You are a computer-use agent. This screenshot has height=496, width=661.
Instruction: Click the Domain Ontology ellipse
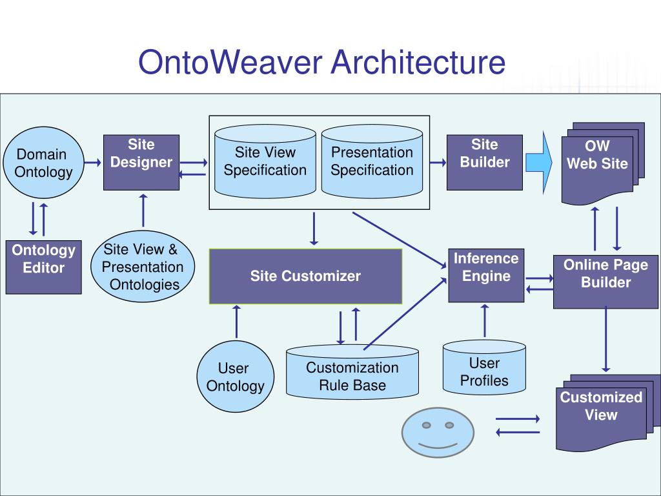43,162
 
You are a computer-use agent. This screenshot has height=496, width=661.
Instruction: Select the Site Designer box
141,162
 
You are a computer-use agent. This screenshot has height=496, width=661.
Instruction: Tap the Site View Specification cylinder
265,161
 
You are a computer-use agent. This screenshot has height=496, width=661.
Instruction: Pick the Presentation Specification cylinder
372,161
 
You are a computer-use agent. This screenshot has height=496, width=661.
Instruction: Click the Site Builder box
484,162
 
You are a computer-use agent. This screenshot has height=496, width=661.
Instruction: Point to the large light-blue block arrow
539,162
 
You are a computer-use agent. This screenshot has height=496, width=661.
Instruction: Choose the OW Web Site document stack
603,163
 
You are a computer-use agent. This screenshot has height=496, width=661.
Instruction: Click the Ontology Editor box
43,267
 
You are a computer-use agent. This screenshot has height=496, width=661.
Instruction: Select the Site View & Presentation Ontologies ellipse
143,266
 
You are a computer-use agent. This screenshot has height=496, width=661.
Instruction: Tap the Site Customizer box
305,276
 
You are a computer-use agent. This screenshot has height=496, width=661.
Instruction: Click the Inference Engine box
486,275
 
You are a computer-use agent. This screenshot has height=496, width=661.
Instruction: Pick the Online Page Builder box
605,282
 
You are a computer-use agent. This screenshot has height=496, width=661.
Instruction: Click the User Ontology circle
235,377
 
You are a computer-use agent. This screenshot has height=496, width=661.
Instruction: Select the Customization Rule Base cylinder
352,372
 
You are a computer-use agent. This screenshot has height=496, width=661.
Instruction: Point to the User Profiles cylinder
484,367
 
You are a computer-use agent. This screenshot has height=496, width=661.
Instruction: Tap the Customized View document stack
607,413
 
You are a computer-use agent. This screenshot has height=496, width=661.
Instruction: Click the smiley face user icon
438,432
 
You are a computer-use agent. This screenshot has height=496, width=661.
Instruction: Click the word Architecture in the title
418,62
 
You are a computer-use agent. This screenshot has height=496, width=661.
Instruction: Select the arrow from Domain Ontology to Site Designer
93,162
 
